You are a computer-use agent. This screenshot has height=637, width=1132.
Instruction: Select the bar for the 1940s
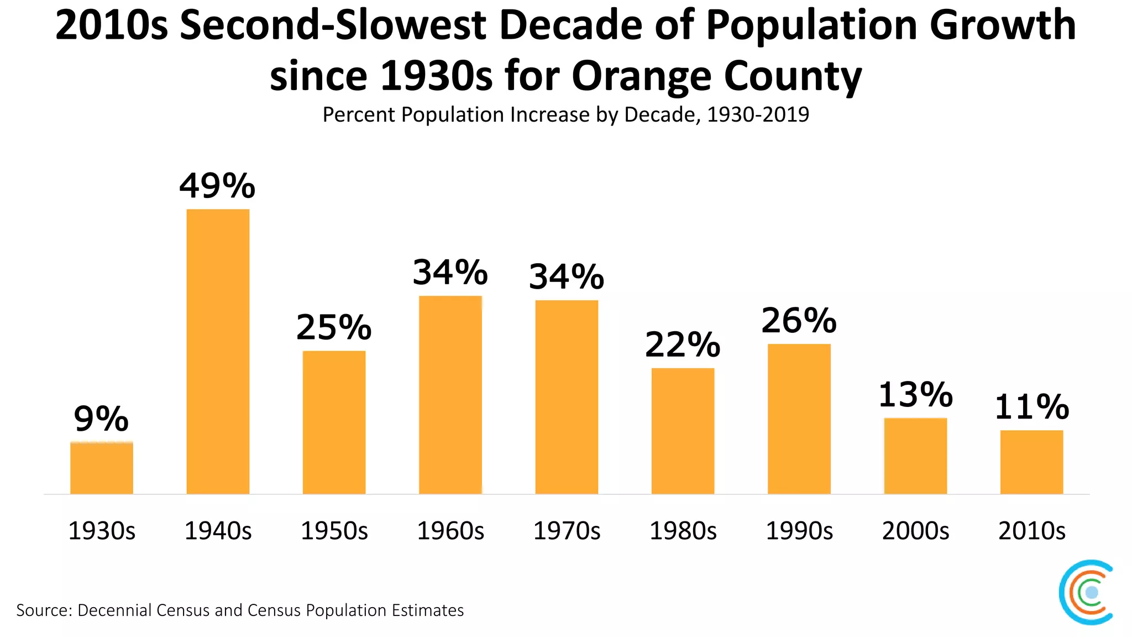[x=218, y=352]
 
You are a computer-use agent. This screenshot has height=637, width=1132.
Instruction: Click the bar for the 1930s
[x=102, y=468]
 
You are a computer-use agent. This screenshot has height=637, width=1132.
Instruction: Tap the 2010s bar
[x=1031, y=462]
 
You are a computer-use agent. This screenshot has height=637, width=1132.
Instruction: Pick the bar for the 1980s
[x=683, y=431]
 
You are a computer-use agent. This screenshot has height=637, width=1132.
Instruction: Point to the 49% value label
[x=217, y=186]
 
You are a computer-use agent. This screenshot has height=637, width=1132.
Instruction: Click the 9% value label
[x=101, y=419]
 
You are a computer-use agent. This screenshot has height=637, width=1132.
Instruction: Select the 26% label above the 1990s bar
[x=799, y=321]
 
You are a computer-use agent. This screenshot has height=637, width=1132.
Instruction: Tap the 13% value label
[x=915, y=395]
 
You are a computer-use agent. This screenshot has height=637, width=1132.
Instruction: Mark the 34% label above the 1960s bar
[x=450, y=273]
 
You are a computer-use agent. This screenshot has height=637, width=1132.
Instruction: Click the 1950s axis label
[x=334, y=531]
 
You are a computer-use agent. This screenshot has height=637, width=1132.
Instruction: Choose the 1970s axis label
[x=567, y=531]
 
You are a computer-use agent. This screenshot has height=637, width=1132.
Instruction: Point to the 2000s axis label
[x=915, y=531]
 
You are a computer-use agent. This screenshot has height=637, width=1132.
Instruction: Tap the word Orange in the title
[x=641, y=76]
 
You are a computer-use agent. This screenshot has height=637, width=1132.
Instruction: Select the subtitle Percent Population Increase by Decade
[x=509, y=114]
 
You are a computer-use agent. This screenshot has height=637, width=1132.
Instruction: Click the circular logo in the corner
[x=1086, y=592]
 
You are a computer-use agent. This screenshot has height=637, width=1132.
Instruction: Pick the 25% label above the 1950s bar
[x=334, y=327]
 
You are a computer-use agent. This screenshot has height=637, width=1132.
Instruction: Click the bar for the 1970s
[x=567, y=397]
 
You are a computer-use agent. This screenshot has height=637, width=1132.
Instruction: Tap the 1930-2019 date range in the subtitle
[x=758, y=114]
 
